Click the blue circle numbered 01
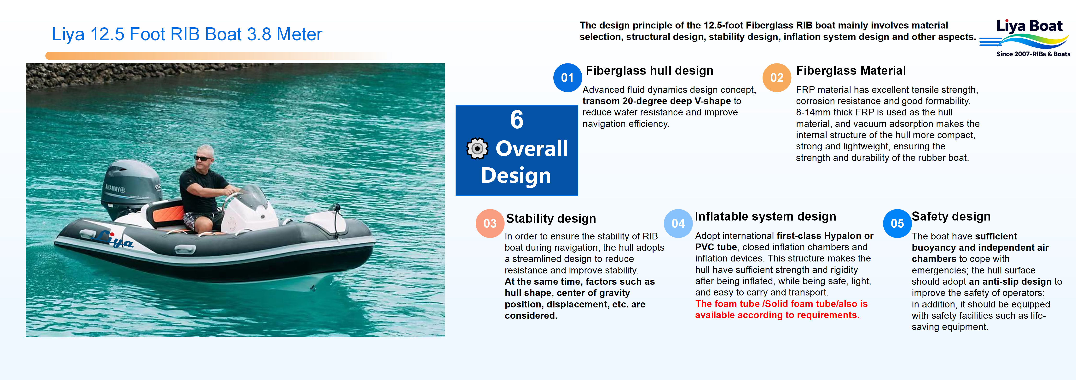point(567,78)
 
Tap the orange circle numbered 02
point(776,78)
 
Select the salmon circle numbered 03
point(490,223)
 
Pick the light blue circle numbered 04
point(678,223)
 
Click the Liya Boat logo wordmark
point(1029,26)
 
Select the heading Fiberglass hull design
point(649,71)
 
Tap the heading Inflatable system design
point(765,216)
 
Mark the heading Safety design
point(951,216)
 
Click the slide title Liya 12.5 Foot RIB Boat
point(187,34)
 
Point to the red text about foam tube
point(781,309)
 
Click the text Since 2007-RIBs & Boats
point(1033,54)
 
